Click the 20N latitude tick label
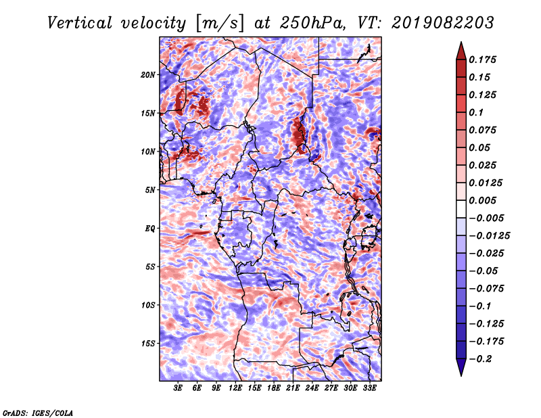point(148,75)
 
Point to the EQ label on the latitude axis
point(150,229)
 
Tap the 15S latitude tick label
point(148,344)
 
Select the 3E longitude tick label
point(178,388)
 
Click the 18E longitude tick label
point(274,388)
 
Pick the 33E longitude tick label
point(369,388)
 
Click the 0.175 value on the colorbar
point(482,60)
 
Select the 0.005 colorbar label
point(482,200)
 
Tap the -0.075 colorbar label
point(486,289)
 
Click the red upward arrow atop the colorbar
point(461,51)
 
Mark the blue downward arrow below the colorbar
point(461,367)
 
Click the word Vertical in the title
point(80,23)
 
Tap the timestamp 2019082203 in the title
point(443,23)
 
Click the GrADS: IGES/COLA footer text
point(38,413)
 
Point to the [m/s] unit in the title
point(220,24)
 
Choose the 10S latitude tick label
point(148,305)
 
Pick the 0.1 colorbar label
point(476,112)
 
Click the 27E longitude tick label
point(331,388)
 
